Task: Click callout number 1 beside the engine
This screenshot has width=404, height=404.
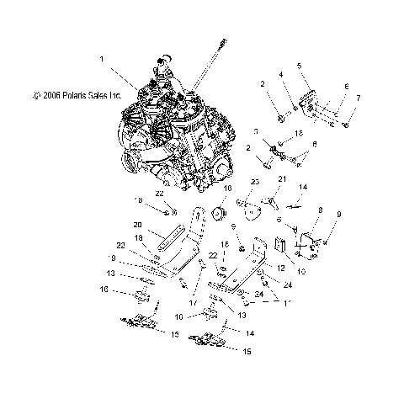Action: coord(102,60)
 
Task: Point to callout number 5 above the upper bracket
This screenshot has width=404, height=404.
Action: coord(299,65)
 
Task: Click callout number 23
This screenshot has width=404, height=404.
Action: coord(252,182)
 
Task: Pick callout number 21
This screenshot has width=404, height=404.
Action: coord(283,178)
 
